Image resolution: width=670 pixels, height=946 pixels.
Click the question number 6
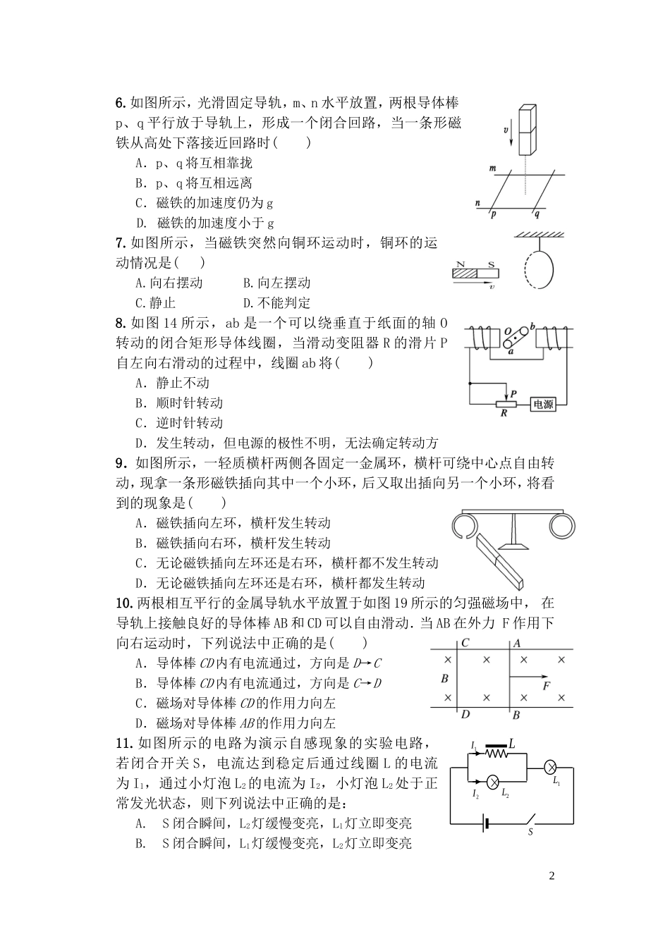tap(120, 103)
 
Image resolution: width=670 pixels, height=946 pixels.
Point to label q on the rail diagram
tap(537, 214)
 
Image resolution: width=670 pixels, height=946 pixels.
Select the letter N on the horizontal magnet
tap(463, 266)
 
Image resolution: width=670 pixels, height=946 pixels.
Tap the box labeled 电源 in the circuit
tap(543, 405)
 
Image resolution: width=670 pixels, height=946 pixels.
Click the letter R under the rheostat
tap(504, 414)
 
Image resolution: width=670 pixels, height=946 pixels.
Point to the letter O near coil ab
tap(507, 330)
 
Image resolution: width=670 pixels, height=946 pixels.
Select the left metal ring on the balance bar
tap(465, 527)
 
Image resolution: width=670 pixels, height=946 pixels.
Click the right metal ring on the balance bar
tap(563, 526)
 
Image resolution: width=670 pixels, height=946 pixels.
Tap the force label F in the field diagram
tap(546, 686)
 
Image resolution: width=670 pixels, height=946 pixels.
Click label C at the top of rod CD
tap(465, 642)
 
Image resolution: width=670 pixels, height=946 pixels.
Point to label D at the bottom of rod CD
tap(465, 715)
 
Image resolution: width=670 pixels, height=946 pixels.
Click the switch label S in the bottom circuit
tap(531, 832)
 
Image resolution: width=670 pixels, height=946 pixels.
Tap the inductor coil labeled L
tap(500, 753)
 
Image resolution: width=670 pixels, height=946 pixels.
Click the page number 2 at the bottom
tap(552, 876)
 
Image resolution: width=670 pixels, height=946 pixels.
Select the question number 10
tap(124, 603)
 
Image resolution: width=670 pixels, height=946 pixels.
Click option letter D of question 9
tap(140, 583)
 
